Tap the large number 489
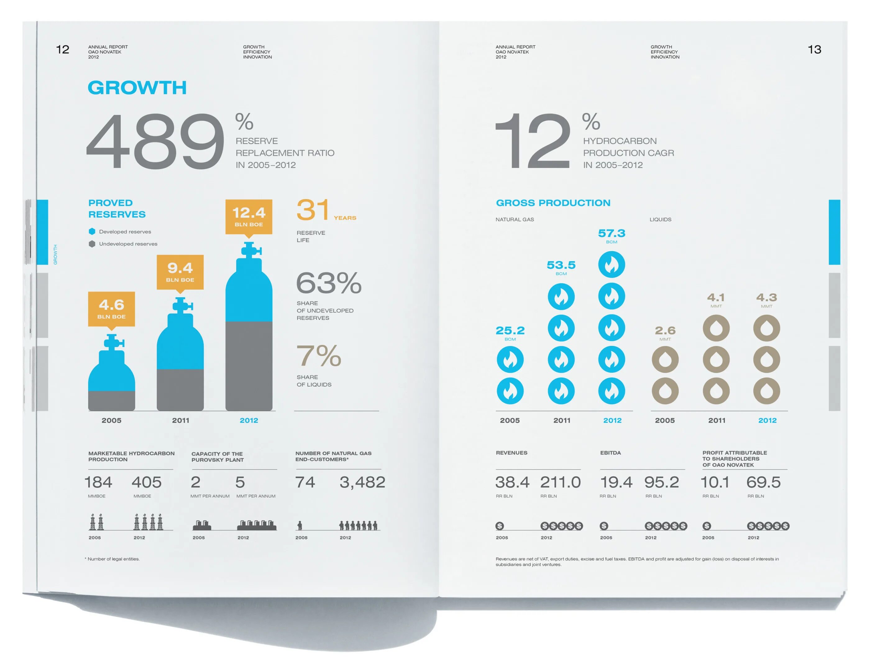click(x=155, y=141)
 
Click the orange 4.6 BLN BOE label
click(x=111, y=308)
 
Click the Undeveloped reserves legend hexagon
click(x=92, y=244)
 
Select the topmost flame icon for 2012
click(x=611, y=264)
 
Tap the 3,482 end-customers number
click(x=362, y=482)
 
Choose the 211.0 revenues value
click(x=560, y=482)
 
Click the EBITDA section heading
click(x=610, y=453)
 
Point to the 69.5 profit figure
click(x=763, y=482)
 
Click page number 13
click(x=814, y=49)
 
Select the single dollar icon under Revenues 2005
click(x=500, y=526)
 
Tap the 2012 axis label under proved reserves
click(x=249, y=420)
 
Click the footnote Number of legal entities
click(x=113, y=559)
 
